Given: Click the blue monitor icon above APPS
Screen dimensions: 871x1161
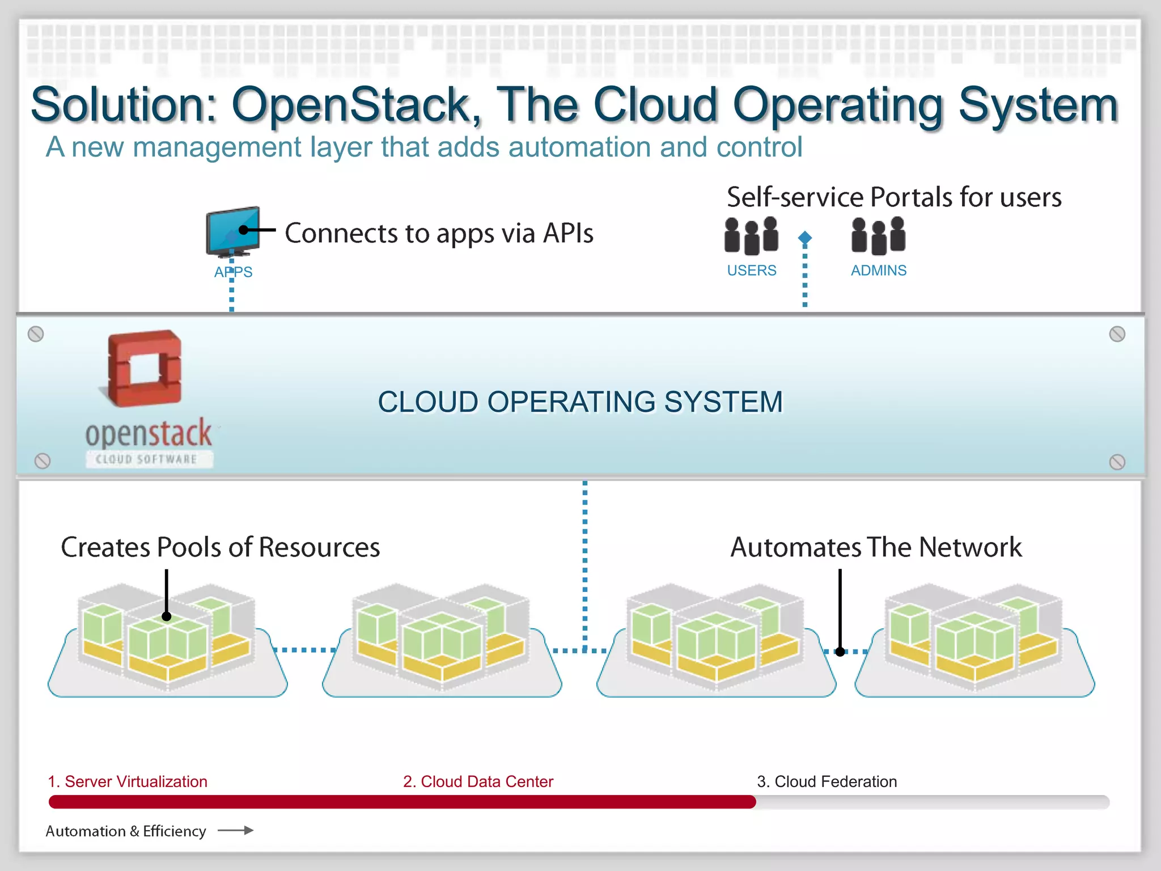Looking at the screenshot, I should (233, 231).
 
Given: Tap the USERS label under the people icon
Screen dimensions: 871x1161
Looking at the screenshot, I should (752, 270).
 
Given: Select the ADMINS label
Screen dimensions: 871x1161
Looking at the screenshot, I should (879, 270).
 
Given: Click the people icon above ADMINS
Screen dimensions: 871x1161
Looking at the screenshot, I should (878, 235).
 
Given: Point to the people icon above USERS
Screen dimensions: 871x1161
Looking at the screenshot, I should (751, 235).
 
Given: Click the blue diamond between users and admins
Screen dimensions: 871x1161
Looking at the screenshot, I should (805, 238).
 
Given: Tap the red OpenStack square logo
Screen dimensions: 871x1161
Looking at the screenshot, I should (145, 369).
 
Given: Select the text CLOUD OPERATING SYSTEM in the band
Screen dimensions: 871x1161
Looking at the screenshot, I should (580, 402).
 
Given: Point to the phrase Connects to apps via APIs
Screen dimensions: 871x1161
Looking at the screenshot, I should (439, 233).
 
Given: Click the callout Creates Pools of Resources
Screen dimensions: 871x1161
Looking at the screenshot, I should (221, 547).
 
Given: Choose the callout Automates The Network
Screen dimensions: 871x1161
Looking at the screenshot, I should (876, 547).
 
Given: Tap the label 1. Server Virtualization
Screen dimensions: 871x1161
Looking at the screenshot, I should (128, 781).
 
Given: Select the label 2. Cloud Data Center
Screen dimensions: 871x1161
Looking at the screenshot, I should (478, 781).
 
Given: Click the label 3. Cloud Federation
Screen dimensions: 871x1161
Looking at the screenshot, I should (827, 781).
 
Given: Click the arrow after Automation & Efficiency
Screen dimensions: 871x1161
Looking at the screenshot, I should (236, 831).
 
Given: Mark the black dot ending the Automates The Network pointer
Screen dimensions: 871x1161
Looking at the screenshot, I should (840, 652).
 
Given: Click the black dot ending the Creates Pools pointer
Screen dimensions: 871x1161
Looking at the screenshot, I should (167, 616).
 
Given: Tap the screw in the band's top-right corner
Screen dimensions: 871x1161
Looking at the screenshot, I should (1117, 334).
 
